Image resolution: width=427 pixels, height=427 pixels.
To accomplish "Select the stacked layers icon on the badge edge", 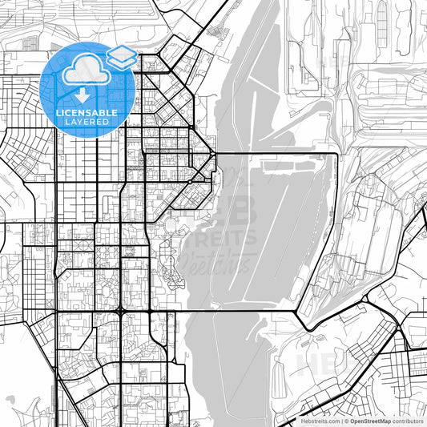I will (121, 55).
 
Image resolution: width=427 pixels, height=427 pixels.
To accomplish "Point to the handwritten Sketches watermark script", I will (216, 260).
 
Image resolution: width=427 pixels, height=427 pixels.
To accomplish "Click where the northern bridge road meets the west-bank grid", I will (214, 153).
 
